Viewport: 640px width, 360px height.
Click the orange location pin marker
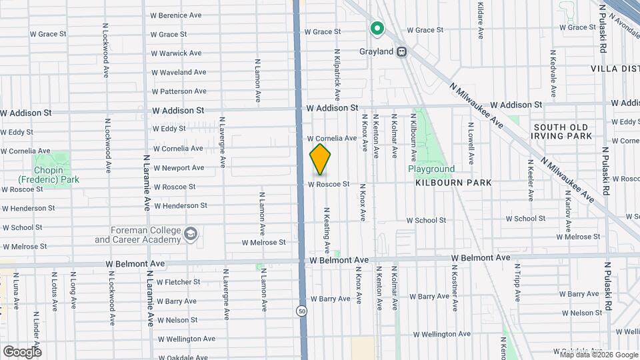coord(320,160)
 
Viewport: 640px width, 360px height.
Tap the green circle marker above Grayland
coord(377,28)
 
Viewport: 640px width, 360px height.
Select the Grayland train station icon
coord(401,51)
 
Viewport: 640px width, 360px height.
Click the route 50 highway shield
coord(302,311)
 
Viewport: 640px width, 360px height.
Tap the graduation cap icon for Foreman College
coord(191,233)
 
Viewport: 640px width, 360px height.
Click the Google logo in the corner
coord(21,351)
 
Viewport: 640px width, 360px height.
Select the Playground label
coord(431,169)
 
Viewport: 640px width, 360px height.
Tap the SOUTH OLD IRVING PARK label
coord(562,131)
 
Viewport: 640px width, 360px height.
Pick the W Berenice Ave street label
coord(176,15)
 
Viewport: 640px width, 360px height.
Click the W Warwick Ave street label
coord(176,53)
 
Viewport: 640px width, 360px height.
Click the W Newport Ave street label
coord(179,168)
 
